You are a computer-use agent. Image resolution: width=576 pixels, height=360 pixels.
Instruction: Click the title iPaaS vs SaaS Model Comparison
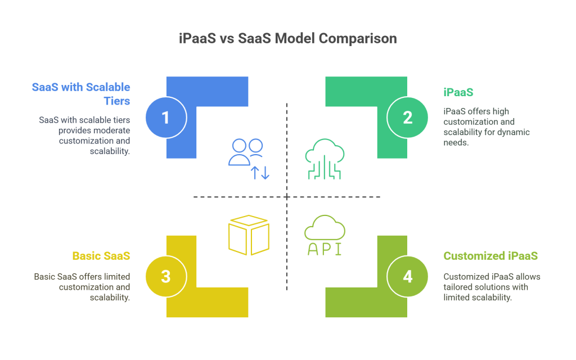pos(287,38)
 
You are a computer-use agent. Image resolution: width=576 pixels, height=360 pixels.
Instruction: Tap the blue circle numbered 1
pos(166,118)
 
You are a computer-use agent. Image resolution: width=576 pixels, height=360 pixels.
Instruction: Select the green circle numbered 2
pos(407,118)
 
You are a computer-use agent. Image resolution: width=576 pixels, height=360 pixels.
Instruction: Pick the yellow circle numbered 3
pos(166,276)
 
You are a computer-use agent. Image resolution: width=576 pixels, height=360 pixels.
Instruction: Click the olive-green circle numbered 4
pos(407,276)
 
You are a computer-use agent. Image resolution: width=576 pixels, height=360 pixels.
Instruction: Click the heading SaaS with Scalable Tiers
pos(81,94)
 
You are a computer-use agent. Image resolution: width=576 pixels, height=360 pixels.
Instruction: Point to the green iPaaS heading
pos(458,92)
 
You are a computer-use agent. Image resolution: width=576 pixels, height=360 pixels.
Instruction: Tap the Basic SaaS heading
pos(101,256)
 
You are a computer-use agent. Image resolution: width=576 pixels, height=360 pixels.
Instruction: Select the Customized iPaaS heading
pos(490,256)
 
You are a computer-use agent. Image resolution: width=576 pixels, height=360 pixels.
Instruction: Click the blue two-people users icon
pos(245,152)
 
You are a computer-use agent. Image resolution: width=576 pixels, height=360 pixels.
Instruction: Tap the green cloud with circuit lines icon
pos(325,159)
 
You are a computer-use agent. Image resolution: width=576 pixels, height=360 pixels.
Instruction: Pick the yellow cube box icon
pos(249,235)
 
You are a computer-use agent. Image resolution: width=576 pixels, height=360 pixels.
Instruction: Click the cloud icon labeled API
pos(325,227)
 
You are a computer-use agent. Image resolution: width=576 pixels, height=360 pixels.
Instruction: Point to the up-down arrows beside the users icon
pos(260,173)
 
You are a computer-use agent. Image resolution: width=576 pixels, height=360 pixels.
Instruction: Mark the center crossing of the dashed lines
pos(287,197)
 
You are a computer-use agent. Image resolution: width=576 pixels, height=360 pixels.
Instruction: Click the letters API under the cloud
pos(325,249)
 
